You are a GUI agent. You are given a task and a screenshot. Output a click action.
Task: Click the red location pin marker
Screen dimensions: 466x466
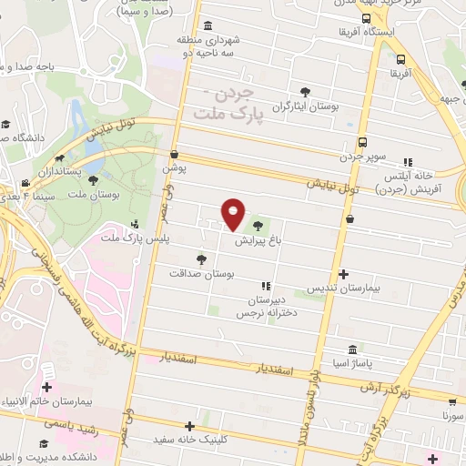point(233,213)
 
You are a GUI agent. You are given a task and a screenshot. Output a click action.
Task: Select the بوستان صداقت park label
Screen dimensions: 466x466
point(201,273)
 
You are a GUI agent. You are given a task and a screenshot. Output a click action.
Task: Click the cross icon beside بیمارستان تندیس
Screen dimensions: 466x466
point(342,273)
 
